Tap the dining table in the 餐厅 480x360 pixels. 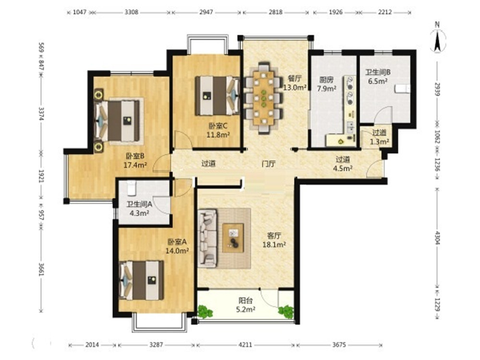coord(264,98)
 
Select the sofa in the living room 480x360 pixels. coord(207,238)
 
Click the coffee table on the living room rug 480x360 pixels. coord(233,238)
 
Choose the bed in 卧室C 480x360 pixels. coord(217,96)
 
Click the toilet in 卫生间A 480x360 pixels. coord(132,188)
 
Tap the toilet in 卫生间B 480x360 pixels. coord(402,89)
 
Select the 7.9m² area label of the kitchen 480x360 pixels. coord(326,89)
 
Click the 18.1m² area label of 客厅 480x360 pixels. coord(274,245)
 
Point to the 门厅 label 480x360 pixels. coord(268,164)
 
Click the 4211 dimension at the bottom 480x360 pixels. coord(245,345)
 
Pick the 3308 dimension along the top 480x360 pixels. coord(132,12)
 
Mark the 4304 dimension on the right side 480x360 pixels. coord(437,238)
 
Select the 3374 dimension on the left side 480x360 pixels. coord(41,113)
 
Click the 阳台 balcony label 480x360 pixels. coord(245,300)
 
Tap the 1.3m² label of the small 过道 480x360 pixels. coord(380,142)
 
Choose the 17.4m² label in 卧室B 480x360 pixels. coord(135,165)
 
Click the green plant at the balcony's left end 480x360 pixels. coord(205,312)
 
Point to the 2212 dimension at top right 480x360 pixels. coord(385,12)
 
